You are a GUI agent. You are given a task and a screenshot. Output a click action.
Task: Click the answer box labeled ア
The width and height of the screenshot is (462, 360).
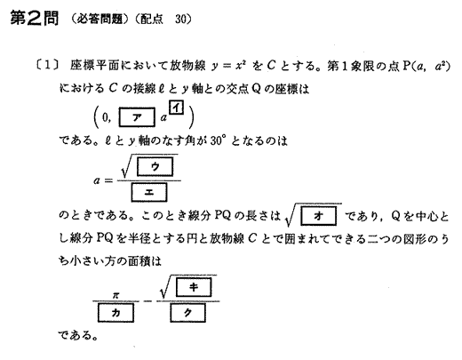137,117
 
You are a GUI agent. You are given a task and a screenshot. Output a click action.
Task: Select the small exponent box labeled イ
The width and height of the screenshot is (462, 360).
177,108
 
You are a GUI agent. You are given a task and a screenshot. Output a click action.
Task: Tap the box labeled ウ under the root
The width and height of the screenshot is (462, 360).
155,166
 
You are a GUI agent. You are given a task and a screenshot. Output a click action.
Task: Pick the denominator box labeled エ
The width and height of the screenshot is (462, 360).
149,192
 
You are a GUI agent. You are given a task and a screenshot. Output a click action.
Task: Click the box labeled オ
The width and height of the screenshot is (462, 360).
318,216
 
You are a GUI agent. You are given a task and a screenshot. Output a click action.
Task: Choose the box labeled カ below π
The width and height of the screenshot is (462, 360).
115,313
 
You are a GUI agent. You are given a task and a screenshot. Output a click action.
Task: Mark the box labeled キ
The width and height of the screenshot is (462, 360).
194,287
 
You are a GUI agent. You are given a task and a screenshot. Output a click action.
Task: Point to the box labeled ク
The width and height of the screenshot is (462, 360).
187,313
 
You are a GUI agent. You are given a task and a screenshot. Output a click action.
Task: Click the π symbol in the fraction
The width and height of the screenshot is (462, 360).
115,295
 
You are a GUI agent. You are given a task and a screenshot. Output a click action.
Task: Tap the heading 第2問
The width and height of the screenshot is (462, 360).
35,18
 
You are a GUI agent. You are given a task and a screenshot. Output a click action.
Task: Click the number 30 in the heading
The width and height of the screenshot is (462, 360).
181,20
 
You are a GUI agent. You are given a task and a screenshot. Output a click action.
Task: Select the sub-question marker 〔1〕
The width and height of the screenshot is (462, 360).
47,65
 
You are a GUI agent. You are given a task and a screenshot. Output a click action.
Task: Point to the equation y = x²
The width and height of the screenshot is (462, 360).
229,66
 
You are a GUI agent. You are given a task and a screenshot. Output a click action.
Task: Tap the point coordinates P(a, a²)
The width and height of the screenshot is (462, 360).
426,66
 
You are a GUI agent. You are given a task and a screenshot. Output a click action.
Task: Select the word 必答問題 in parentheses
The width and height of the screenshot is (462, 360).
100,20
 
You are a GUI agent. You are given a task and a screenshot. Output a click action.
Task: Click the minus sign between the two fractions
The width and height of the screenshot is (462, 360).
147,301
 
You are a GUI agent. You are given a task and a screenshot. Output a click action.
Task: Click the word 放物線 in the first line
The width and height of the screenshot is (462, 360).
187,66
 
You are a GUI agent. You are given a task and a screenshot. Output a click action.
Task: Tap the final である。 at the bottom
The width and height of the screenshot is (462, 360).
77,335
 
